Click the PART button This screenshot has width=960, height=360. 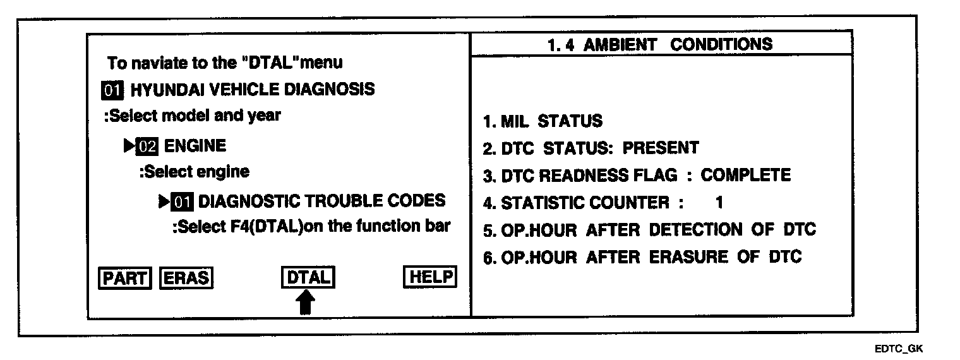pyautogui.click(x=125, y=278)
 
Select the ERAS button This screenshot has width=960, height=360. pyautogui.click(x=186, y=278)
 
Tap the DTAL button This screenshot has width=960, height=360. pyautogui.click(x=308, y=278)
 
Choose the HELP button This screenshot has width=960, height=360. pyautogui.click(x=429, y=277)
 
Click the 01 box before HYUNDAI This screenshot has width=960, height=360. pyautogui.click(x=112, y=90)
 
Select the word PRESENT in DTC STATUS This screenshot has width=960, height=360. pyautogui.click(x=661, y=148)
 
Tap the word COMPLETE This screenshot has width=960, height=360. pyautogui.click(x=745, y=175)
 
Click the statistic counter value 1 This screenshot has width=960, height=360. pyautogui.click(x=719, y=203)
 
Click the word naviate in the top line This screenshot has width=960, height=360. pyautogui.click(x=157, y=63)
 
